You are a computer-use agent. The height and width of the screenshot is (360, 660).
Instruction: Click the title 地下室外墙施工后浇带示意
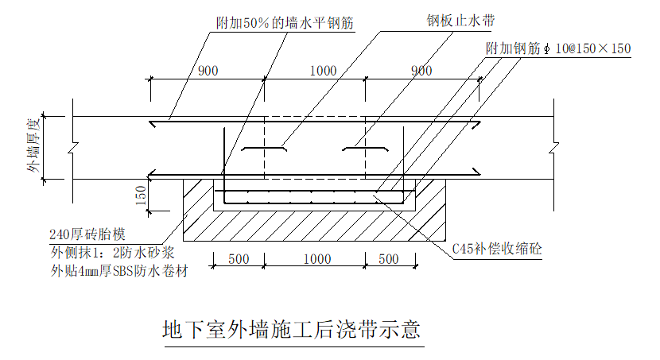click(290, 329)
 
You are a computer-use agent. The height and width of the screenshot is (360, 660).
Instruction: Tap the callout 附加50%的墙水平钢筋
click(285, 24)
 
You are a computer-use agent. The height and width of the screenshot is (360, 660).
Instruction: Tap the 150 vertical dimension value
click(141, 195)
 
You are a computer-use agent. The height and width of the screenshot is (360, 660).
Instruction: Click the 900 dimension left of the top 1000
click(208, 71)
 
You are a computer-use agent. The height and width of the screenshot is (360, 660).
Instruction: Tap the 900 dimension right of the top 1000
click(421, 71)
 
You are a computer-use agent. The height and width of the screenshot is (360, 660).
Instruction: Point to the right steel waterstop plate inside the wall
click(364, 149)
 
